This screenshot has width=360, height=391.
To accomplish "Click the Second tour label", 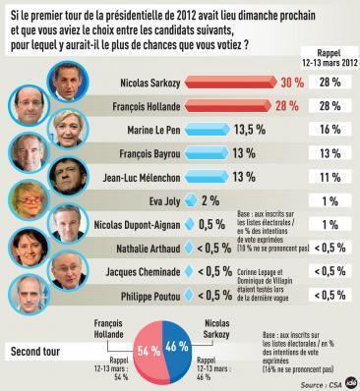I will pos(37,350).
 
